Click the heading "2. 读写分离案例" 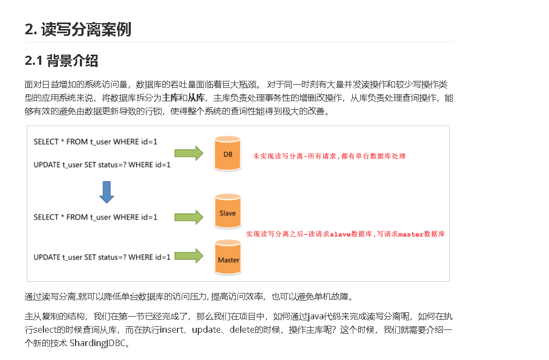coord(78,29)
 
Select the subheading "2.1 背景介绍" coord(61,61)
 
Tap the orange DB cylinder coord(227,154)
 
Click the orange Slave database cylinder coord(227,213)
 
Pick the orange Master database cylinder coord(228,259)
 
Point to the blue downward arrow coord(107,192)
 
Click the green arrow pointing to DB coord(190,153)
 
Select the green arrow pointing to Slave coord(190,217)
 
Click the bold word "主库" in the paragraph coord(170,98)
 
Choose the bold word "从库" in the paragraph coord(195,98)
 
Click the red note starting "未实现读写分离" coord(329,156)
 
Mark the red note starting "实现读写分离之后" coord(345,234)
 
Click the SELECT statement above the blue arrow coord(95,142)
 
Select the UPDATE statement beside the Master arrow coord(102,257)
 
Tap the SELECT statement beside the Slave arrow coord(95,217)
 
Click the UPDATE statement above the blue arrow coord(102,165)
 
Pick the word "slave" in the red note coord(340,234)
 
